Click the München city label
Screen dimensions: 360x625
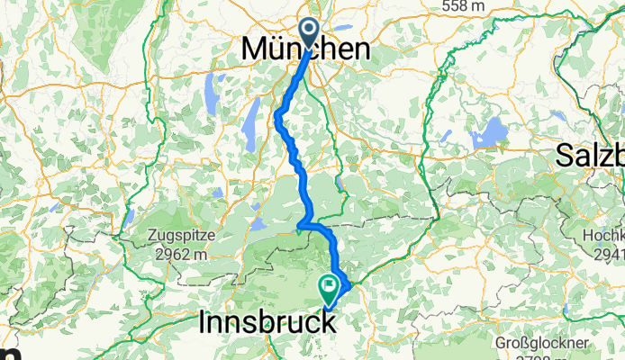tap(306, 50)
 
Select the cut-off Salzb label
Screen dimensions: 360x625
tap(590, 155)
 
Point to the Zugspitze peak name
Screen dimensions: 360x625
tap(178, 237)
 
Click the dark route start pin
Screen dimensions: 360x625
tap(309, 32)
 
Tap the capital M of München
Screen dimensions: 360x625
tap(256, 50)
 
